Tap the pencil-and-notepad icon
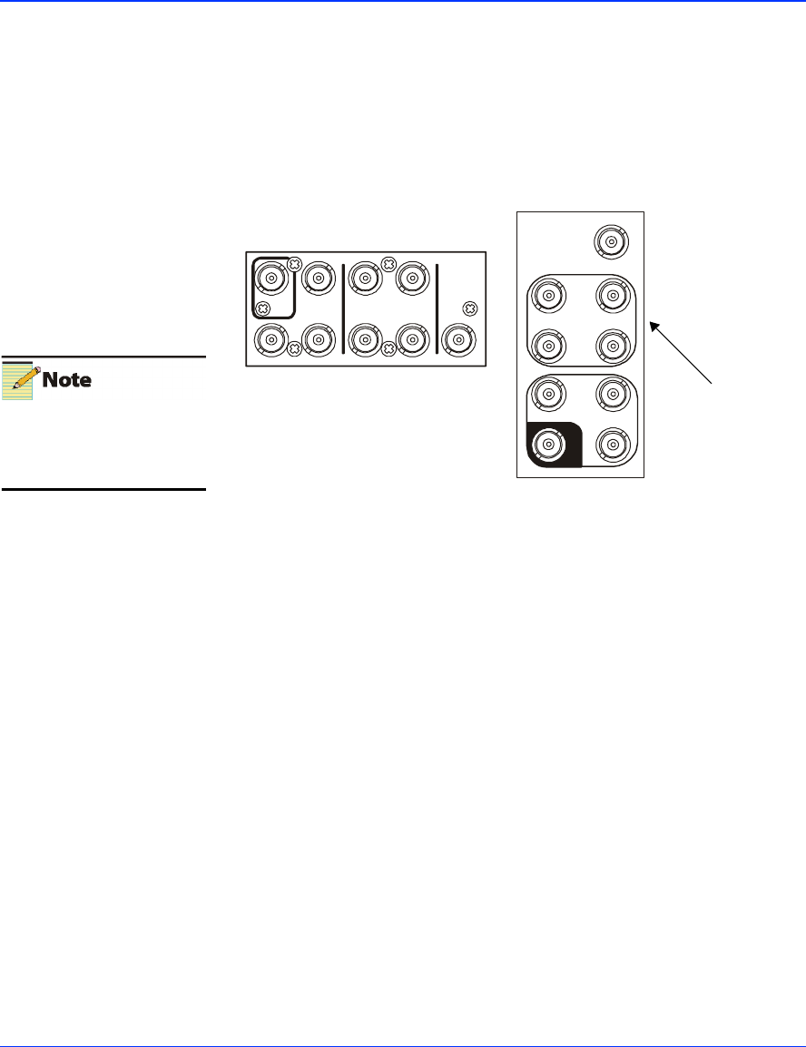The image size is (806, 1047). tap(18, 379)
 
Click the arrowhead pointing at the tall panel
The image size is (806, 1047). tap(653, 322)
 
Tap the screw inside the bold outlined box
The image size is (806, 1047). tap(264, 308)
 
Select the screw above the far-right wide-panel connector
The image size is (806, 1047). tap(469, 308)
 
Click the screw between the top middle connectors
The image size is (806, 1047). tap(388, 264)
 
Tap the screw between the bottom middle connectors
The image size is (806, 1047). tap(388, 349)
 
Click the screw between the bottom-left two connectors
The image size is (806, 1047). tap(293, 349)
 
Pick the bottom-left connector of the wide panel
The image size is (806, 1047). tap(270, 339)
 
